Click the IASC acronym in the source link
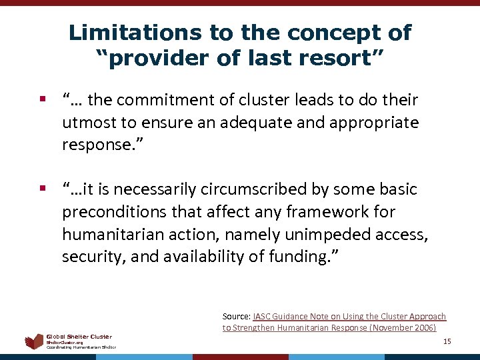262,316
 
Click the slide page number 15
447,341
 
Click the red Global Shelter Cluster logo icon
34,342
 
